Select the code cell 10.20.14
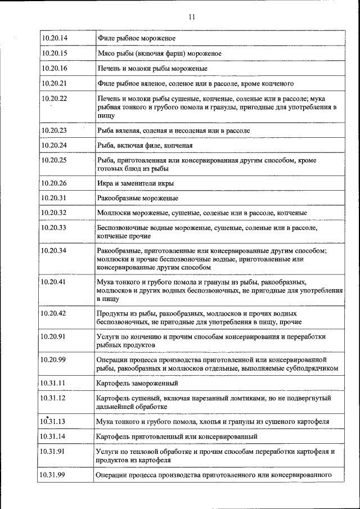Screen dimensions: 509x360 pyautogui.click(x=55, y=38)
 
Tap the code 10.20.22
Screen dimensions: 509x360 pyautogui.click(x=55, y=98)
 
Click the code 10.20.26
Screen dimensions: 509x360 pyautogui.click(x=55, y=183)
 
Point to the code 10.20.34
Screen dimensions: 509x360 pyautogui.click(x=55, y=250)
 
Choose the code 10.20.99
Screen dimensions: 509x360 pyautogui.click(x=55, y=359)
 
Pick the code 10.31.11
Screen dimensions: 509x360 pyautogui.click(x=53, y=383)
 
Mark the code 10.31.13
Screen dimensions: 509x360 pyautogui.click(x=53, y=421)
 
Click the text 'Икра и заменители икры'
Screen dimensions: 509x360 pyautogui.click(x=135, y=183)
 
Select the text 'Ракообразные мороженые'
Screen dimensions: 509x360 pyautogui.click(x=138, y=198)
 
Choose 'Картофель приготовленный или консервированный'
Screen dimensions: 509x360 pyautogui.click(x=177, y=436)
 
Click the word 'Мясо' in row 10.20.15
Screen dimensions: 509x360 pyautogui.click(x=106, y=53)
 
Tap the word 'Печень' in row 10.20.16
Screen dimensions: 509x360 pyautogui.click(x=109, y=68)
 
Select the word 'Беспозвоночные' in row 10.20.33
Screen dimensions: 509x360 pyautogui.click(x=123, y=228)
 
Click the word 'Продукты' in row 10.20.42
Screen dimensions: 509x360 pyautogui.click(x=112, y=313)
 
